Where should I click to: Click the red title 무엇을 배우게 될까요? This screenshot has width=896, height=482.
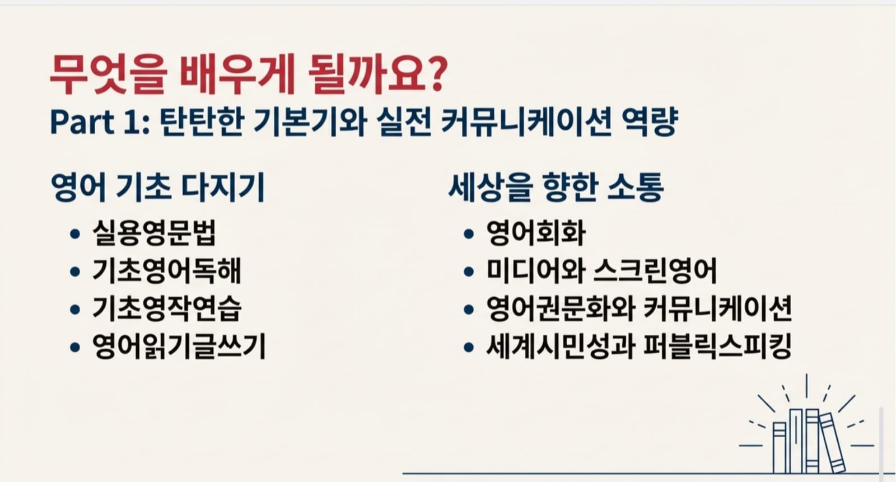(x=248, y=74)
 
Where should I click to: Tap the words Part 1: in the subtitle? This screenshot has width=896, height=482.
(x=100, y=121)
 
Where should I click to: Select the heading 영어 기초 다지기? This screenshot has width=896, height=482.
(x=158, y=187)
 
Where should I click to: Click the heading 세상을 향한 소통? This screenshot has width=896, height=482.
(x=556, y=187)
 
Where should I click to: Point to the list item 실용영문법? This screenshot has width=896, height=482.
(x=155, y=232)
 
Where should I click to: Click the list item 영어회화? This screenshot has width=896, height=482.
(x=536, y=232)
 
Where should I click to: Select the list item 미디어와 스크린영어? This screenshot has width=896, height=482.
(x=601, y=270)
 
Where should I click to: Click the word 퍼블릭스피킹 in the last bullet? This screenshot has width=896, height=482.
(x=718, y=346)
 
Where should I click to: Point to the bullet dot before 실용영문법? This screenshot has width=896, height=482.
(x=75, y=234)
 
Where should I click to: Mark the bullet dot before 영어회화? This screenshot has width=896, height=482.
(x=468, y=234)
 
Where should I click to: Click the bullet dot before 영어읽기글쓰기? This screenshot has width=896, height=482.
(x=75, y=347)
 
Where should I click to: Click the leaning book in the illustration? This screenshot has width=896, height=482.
(x=832, y=443)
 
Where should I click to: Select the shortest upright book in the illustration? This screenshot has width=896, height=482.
(x=780, y=448)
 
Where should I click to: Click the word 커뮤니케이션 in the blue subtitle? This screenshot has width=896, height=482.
(x=526, y=121)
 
